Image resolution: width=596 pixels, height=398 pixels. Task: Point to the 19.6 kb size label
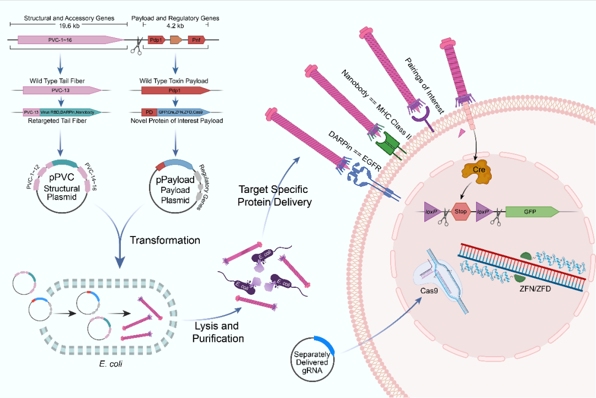coord(69,25)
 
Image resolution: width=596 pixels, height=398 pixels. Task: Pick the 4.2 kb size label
coord(175,25)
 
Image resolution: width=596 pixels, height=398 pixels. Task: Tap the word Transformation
coord(165,240)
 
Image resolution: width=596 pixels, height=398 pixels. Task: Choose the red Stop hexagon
coord(461,211)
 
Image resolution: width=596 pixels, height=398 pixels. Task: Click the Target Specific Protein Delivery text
coord(274,195)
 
